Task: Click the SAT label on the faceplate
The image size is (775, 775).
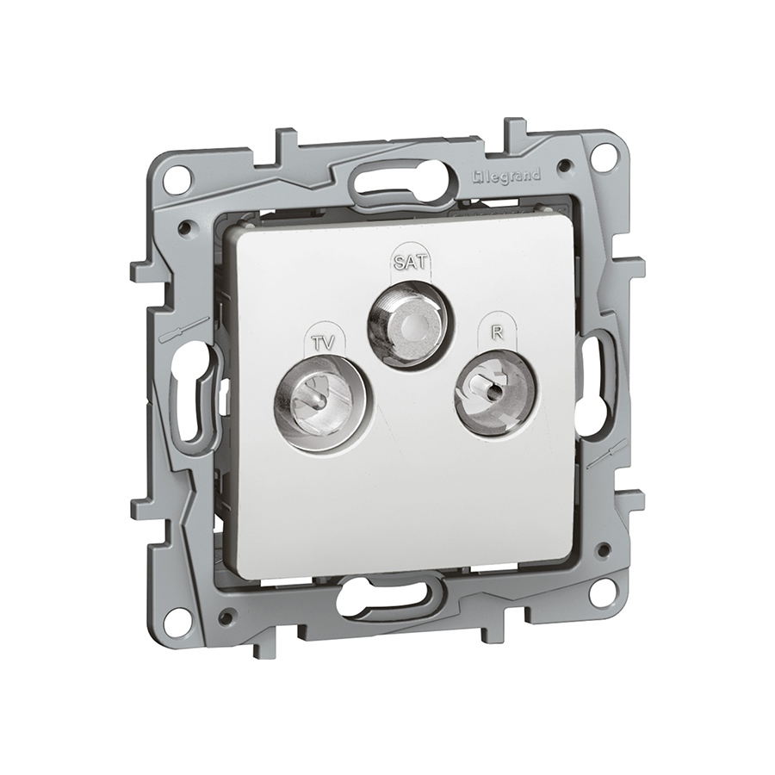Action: click(x=409, y=262)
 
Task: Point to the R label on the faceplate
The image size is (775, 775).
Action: click(x=497, y=333)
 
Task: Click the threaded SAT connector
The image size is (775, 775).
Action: click(x=409, y=326)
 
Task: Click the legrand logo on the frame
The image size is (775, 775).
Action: click(x=506, y=177)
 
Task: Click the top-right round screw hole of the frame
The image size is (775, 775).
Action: click(x=606, y=154)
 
